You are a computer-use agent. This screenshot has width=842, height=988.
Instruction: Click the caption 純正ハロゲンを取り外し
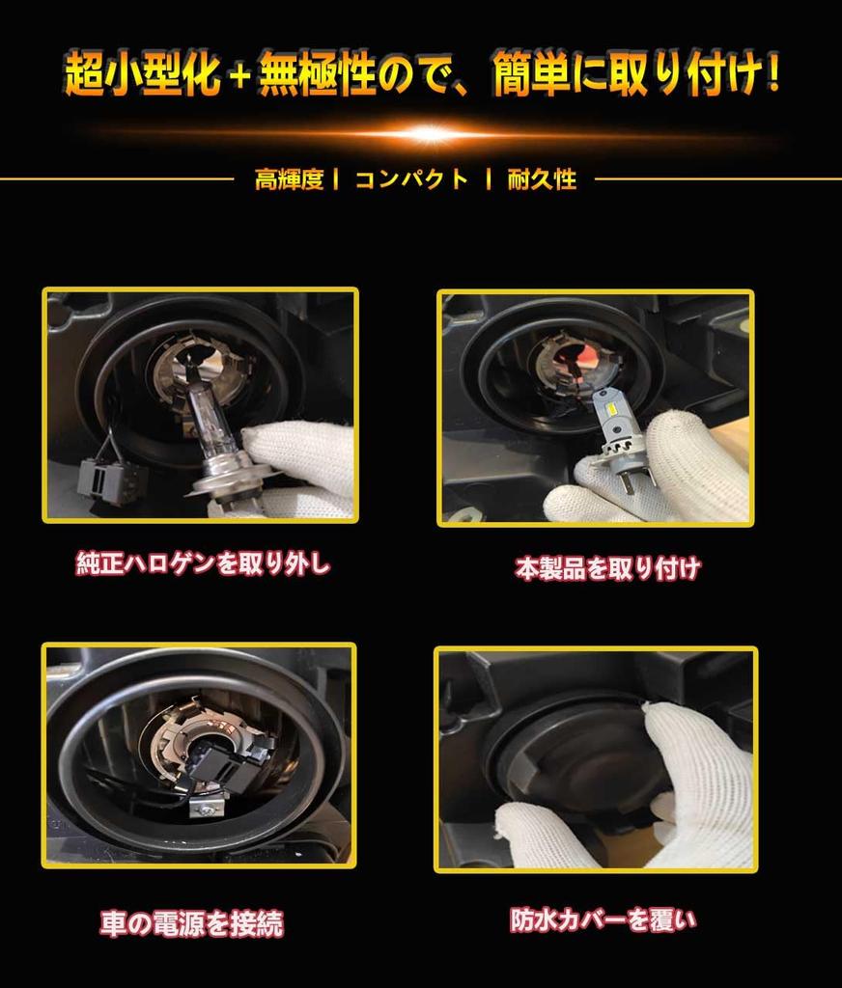[x=203, y=563]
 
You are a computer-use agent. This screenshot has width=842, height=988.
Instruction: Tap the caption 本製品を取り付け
[x=607, y=568]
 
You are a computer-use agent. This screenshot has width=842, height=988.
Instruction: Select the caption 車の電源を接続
[x=192, y=923]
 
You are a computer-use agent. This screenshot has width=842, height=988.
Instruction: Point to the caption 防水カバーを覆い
[x=603, y=919]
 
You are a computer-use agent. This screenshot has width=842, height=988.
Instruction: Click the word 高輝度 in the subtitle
[x=289, y=179]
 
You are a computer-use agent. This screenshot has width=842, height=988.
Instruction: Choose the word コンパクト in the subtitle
[x=412, y=179]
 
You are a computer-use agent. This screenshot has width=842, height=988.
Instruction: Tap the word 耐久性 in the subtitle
[x=542, y=179]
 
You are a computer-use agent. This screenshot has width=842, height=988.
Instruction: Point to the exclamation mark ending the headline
[x=773, y=72]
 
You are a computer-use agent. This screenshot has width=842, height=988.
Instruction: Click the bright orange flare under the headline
[x=429, y=133]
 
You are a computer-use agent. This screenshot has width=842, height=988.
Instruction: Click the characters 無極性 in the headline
[x=318, y=75]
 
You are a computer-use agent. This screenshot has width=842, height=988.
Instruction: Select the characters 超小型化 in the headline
[x=142, y=75]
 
